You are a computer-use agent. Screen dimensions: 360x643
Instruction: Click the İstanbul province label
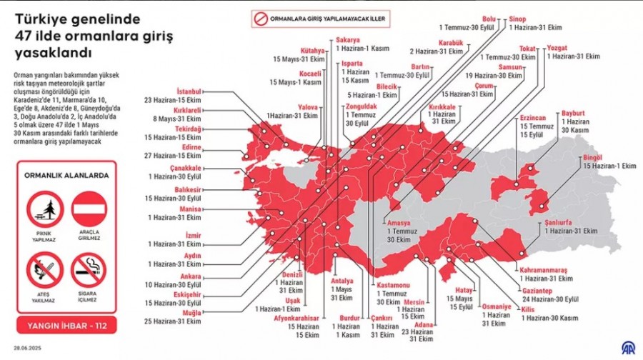188,92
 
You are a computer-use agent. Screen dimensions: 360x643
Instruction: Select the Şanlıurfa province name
560,222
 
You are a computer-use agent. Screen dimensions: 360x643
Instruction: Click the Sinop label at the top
519,19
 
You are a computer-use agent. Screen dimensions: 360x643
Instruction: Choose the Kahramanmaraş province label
543,271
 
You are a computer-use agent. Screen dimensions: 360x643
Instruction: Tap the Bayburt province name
573,113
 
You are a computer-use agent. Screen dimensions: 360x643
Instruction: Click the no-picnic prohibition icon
44,209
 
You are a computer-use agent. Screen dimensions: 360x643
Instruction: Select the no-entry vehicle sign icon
89,209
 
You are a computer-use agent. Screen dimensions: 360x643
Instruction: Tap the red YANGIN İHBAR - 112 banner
66,326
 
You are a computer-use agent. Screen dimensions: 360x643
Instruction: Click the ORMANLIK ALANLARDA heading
66,174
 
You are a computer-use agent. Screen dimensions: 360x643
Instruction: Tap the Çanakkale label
185,168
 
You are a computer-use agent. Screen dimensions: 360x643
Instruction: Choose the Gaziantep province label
540,291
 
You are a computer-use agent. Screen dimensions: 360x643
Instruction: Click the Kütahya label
312,51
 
